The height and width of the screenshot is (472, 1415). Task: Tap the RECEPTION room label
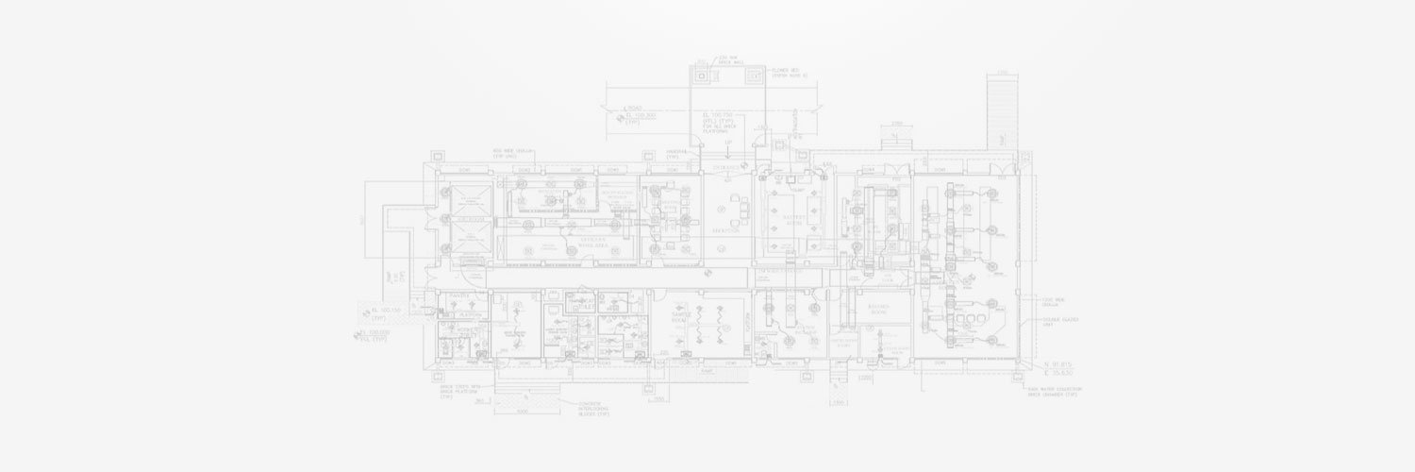click(725, 229)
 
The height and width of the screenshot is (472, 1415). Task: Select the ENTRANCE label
click(727, 167)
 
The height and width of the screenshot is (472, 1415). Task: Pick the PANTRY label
click(458, 296)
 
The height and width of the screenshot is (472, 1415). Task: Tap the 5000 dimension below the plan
click(523, 411)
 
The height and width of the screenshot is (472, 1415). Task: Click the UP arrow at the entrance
click(728, 143)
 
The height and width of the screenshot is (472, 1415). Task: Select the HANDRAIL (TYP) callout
click(675, 154)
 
